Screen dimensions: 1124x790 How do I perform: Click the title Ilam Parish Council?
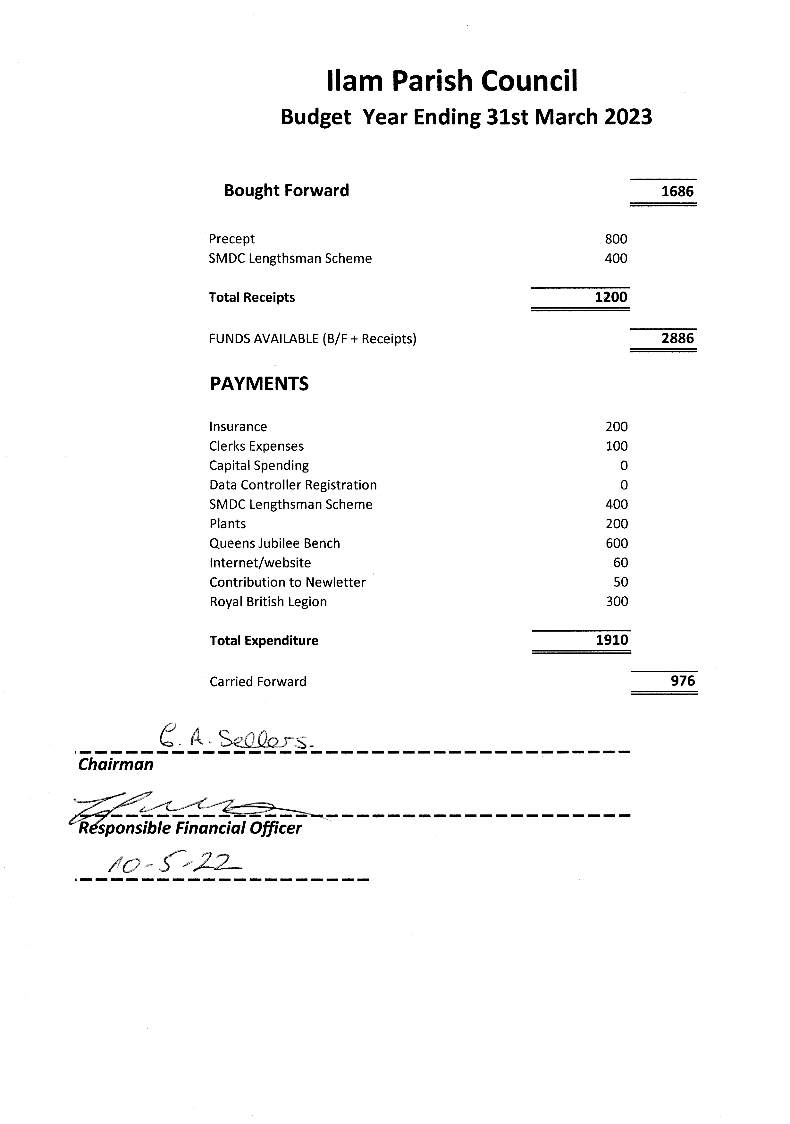point(452,81)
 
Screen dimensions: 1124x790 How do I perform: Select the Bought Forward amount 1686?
point(677,192)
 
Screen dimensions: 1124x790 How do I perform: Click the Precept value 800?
point(616,239)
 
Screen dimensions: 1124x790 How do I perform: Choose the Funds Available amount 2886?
point(677,338)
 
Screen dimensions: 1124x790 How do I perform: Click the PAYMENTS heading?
point(259,384)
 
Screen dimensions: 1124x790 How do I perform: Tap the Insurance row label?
point(238,427)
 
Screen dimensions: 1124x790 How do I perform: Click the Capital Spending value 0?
point(624,465)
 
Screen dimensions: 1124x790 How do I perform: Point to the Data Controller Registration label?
point(293,485)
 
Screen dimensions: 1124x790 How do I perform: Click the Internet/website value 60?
point(620,563)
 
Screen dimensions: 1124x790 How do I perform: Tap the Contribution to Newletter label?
point(288,583)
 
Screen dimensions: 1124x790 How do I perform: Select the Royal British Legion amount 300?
point(617,602)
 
